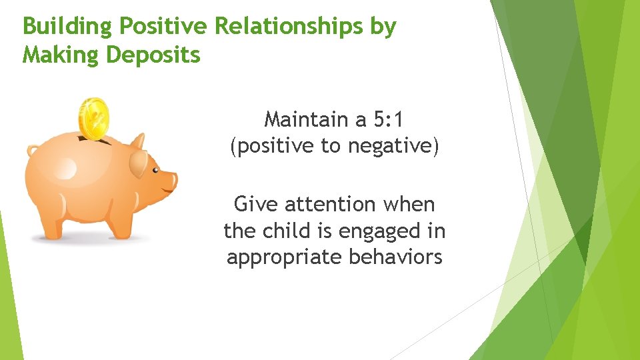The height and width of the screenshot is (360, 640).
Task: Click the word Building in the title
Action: [62, 27]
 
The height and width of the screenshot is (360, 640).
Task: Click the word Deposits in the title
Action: [153, 54]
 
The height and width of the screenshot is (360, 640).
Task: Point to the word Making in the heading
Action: [61, 54]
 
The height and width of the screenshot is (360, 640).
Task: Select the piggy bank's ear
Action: [139, 160]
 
